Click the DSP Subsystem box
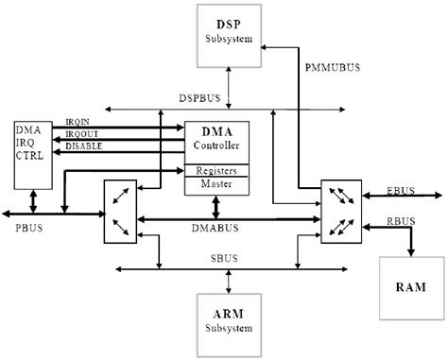click(x=228, y=34)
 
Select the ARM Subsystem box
click(x=228, y=324)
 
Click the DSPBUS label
click(x=201, y=97)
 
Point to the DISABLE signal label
click(x=84, y=146)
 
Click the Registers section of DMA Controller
click(x=216, y=172)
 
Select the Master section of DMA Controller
click(x=216, y=185)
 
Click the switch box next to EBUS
click(x=339, y=212)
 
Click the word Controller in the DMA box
click(x=216, y=147)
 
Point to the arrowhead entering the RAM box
click(x=410, y=252)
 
